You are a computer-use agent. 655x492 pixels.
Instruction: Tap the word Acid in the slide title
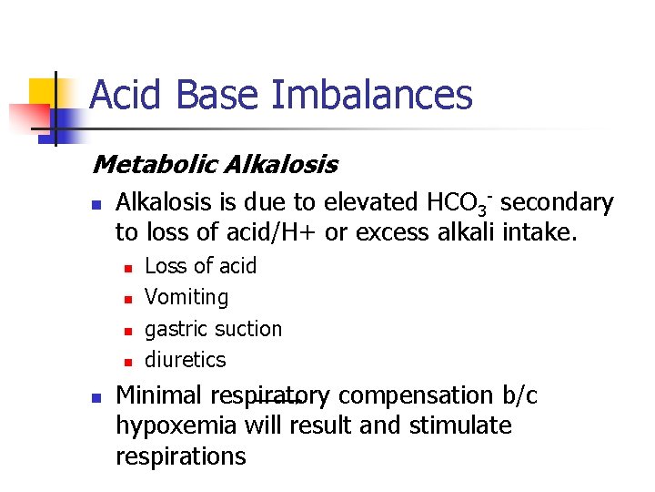(x=124, y=95)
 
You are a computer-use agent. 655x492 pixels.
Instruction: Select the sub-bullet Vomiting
(x=186, y=297)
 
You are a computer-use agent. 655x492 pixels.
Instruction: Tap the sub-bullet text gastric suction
(x=213, y=328)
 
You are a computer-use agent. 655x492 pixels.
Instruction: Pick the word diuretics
(x=185, y=359)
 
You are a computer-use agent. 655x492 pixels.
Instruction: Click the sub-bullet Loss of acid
(x=200, y=266)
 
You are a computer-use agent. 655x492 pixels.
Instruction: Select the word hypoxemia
(x=176, y=426)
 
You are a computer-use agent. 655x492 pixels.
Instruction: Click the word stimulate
(x=460, y=426)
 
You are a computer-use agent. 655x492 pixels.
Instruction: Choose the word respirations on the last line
(x=180, y=456)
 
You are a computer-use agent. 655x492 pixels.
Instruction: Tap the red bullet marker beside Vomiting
(x=128, y=299)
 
